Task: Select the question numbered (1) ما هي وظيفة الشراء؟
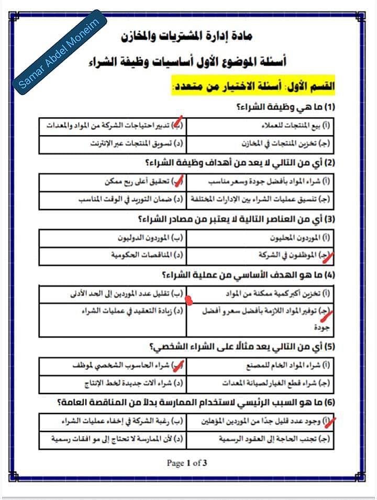tap(285, 107)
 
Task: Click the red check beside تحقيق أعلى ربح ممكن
tap(179, 181)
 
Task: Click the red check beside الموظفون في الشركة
tap(327, 255)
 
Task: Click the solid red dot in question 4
tap(189, 300)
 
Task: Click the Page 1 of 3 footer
tap(187, 463)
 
